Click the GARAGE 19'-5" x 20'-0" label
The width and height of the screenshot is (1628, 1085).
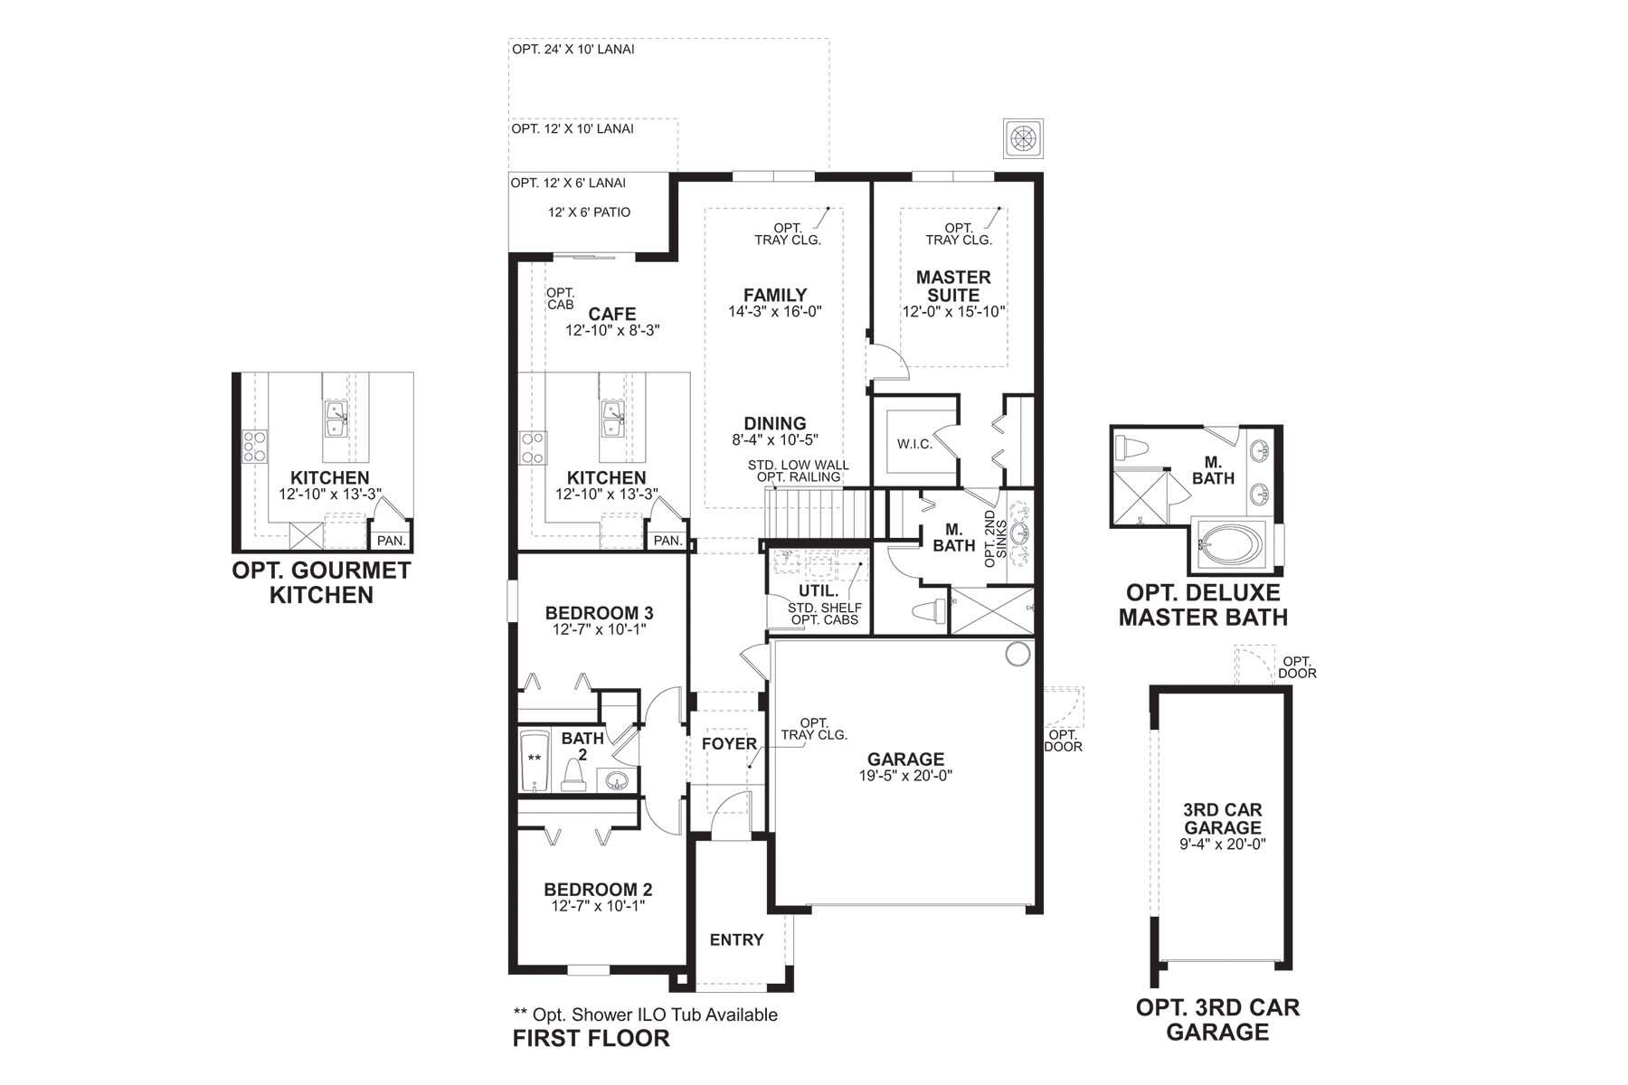[905, 767]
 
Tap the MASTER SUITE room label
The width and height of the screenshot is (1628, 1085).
[953, 286]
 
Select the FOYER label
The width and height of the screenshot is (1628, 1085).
[729, 743]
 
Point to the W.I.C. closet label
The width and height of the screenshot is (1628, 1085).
[914, 444]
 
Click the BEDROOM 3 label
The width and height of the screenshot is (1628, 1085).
[599, 613]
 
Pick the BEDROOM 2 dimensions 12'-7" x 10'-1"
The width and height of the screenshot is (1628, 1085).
[598, 906]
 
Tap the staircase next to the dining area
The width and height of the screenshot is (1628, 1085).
[816, 513]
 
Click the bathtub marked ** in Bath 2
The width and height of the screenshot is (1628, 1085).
[535, 759]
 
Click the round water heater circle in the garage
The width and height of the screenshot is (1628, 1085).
[1018, 654]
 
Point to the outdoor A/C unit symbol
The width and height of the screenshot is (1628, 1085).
[1023, 138]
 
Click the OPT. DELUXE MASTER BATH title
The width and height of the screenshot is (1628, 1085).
[1203, 605]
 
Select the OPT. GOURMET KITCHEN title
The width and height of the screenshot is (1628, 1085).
[321, 582]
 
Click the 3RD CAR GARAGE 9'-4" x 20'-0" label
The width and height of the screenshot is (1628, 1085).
[1223, 827]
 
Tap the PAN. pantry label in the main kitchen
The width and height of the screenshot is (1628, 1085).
[667, 541]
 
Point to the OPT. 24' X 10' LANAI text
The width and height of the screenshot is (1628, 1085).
[573, 49]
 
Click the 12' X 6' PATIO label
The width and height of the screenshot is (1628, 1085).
[589, 212]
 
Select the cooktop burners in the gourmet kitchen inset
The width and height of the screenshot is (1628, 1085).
[254, 447]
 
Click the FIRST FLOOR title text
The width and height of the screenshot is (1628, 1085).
[592, 1038]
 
